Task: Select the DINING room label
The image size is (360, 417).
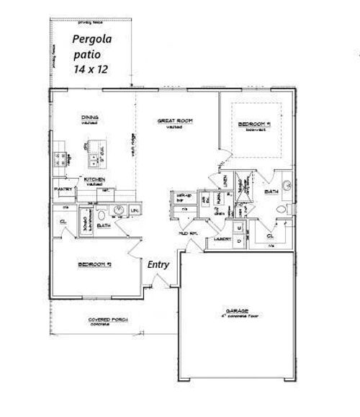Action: coord(90,118)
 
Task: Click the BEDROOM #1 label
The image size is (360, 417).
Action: coord(254,125)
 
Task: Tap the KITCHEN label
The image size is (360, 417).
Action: coord(95,179)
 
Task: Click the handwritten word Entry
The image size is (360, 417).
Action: coord(158,264)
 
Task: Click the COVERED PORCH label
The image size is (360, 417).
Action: coord(99,320)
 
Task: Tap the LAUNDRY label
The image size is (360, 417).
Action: coord(219,235)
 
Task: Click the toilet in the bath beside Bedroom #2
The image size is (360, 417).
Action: coord(102,214)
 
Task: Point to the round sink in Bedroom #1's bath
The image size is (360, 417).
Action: coord(288,185)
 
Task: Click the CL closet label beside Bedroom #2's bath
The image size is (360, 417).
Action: coord(63,222)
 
